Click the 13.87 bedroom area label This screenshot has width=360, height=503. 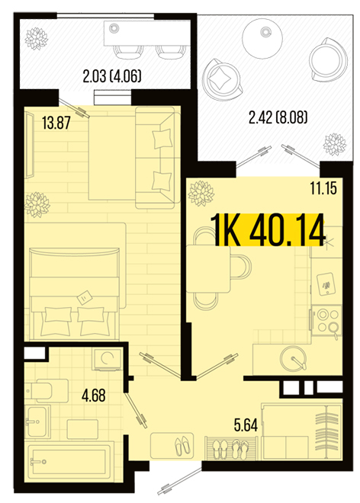click(x=56, y=123)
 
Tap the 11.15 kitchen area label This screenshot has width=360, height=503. click(x=323, y=188)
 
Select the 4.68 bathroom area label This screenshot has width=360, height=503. click(x=94, y=396)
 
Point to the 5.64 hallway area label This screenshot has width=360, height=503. click(x=246, y=425)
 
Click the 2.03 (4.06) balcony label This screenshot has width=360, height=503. click(x=112, y=76)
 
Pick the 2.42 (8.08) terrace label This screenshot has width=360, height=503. click(x=278, y=117)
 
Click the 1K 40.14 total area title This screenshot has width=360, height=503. click(x=268, y=230)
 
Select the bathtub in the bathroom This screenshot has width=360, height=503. click(x=69, y=462)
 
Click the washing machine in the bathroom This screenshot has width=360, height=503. click(x=108, y=359)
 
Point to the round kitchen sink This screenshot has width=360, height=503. click(x=293, y=358)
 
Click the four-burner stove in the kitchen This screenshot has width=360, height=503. click(x=326, y=321)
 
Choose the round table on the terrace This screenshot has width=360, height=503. click(x=262, y=39)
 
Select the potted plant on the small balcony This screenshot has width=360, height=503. click(x=37, y=39)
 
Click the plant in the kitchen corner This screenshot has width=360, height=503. click(x=201, y=194)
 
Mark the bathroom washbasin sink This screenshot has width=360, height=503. click(x=38, y=421)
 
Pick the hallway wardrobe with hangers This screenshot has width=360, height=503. click(x=302, y=431)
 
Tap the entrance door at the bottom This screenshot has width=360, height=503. click(x=180, y=481)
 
